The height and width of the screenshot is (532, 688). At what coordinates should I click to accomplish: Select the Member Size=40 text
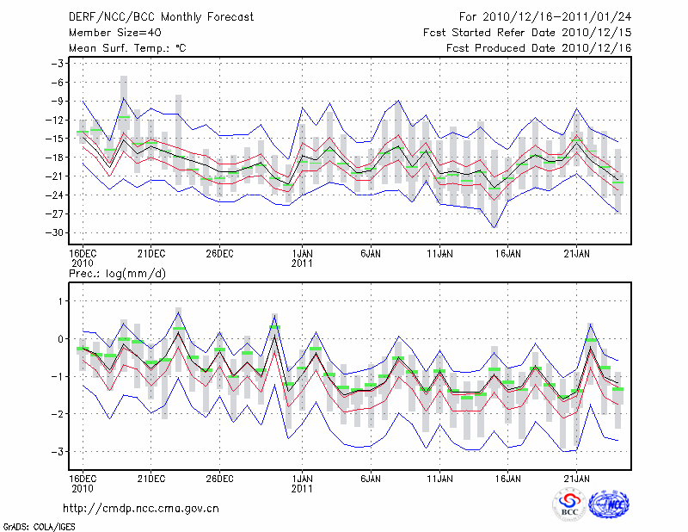[108, 32]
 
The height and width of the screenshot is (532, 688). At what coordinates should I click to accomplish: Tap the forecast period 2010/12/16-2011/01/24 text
[545, 16]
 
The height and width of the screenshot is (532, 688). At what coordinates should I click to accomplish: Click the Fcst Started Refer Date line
[528, 32]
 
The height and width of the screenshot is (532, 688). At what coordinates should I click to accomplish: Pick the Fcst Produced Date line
[539, 47]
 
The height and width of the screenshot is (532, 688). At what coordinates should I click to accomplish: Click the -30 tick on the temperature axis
[57, 232]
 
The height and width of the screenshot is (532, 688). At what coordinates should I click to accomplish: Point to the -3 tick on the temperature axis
[59, 64]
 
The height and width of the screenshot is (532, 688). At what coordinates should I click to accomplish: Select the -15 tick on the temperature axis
[57, 139]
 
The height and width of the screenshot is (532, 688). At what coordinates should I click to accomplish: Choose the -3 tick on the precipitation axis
[59, 451]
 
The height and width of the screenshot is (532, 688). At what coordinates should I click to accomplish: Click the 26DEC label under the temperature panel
[220, 253]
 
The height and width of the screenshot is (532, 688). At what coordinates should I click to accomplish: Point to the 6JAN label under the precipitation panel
[371, 478]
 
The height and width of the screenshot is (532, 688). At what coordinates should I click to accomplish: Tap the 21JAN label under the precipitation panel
[577, 478]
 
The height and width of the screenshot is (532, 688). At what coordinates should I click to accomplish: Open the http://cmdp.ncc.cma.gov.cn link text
[141, 508]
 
